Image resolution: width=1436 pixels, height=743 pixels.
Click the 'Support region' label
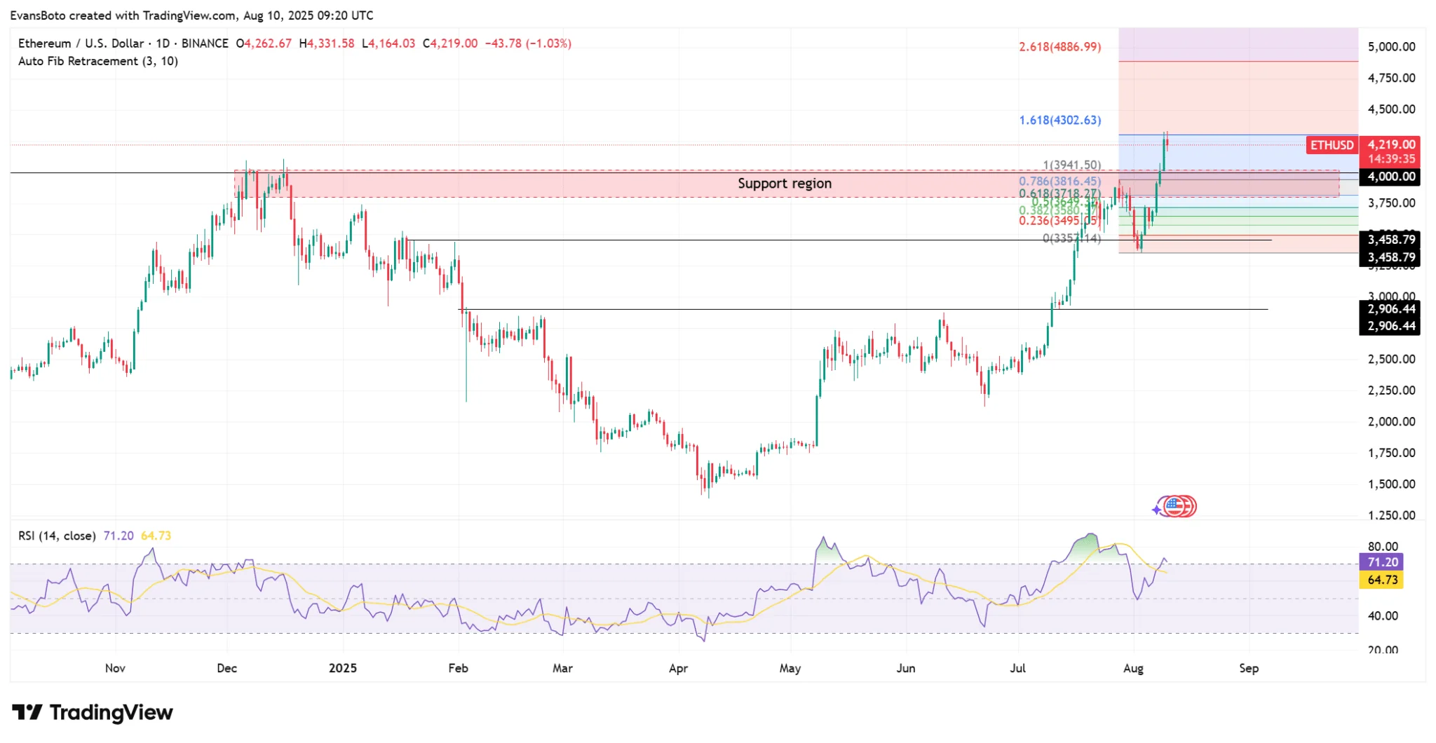point(784,184)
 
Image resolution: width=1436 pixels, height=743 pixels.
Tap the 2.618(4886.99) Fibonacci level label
point(1059,47)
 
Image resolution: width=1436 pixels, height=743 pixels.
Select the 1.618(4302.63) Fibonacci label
point(1059,121)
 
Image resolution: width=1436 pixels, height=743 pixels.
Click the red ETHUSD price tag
point(1332,145)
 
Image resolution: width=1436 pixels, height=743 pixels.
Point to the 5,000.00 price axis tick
point(1391,47)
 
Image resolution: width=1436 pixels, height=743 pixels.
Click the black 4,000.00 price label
point(1391,177)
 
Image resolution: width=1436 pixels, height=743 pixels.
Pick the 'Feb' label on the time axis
point(458,668)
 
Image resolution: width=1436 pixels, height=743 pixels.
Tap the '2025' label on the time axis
point(343,668)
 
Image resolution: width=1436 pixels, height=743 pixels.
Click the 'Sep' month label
point(1249,668)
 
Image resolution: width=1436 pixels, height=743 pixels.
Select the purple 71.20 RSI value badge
point(1381,562)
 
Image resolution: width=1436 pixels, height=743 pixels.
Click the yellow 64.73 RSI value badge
point(1381,580)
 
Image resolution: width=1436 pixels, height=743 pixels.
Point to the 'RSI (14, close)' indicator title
point(57,536)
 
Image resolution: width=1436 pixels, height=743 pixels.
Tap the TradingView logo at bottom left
point(93,713)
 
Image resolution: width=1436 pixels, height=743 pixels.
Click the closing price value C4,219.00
point(450,43)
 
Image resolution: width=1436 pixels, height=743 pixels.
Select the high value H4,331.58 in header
point(327,43)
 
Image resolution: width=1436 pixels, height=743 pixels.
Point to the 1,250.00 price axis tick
point(1391,515)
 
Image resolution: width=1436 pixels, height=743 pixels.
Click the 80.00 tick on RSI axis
point(1383,546)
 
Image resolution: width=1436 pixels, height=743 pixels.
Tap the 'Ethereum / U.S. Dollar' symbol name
point(81,43)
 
